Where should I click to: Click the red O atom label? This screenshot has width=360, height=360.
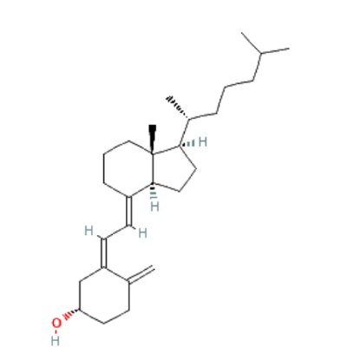click(56, 323)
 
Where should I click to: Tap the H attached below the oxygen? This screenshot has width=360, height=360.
click(56, 341)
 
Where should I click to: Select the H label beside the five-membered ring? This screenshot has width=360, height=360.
click(203, 142)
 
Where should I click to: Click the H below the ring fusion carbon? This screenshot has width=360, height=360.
click(154, 206)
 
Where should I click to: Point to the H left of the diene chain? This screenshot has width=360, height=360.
click(88, 231)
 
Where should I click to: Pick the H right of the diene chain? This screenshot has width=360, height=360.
click(142, 232)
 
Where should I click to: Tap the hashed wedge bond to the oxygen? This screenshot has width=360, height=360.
click(71, 314)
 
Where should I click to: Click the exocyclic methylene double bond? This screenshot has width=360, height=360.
click(141, 275)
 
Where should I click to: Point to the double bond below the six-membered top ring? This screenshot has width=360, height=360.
click(129, 211)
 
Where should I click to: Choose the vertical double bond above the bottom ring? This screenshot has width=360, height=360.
click(104, 253)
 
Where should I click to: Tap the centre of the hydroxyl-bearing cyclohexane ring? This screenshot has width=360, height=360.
click(104, 296)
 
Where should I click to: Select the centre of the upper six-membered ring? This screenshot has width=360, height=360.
click(128, 167)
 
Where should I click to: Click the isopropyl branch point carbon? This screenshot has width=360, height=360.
click(260, 53)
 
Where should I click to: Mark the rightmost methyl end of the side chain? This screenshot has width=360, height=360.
click(288, 49)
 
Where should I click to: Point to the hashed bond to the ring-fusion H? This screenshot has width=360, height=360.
click(153, 192)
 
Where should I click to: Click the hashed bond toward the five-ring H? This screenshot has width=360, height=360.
click(188, 143)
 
